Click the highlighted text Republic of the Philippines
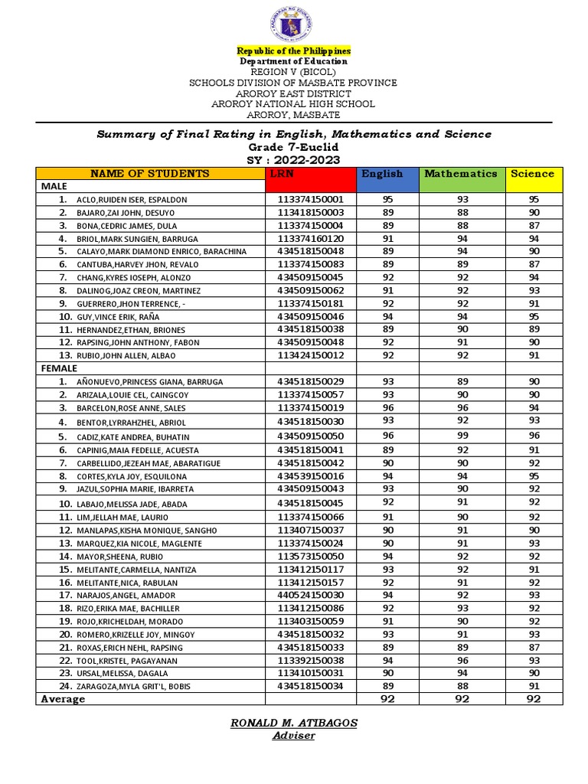pos(294,50)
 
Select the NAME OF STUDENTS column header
pos(149,174)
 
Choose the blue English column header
pos(382,174)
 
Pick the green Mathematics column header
pos(461,174)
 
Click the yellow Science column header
pos(532,174)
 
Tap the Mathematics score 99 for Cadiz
pos(462,436)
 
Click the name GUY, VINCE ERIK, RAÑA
pos(122,316)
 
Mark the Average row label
pos(64,699)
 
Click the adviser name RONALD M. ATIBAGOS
pos(295,724)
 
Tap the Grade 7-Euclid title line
pos(294,147)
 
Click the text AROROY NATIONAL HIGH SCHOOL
pos(294,103)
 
